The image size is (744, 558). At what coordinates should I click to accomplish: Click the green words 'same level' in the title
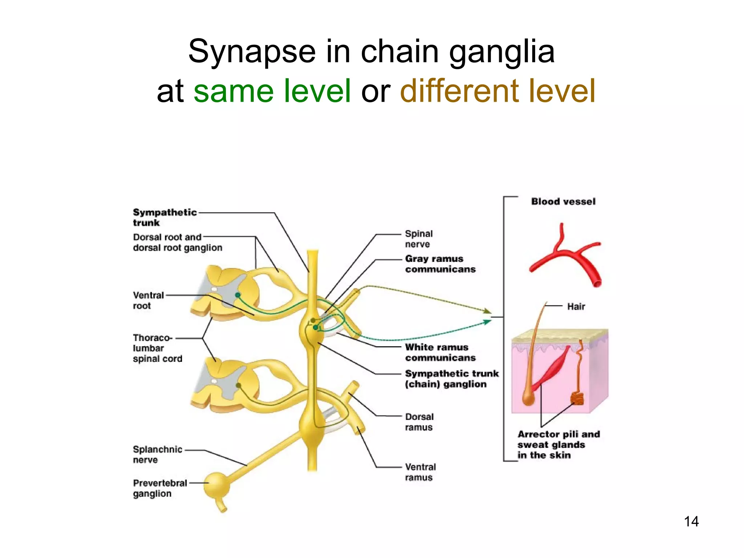(x=272, y=91)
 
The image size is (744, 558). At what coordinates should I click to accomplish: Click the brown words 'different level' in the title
(x=498, y=91)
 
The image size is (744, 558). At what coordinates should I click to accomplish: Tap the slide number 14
(x=691, y=521)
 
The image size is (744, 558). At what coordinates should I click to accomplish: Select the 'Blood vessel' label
(x=563, y=202)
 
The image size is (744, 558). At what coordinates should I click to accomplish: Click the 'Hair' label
(x=576, y=307)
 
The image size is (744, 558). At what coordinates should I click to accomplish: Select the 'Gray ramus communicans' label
(x=440, y=264)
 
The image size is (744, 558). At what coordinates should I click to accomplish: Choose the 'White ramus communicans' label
(x=440, y=352)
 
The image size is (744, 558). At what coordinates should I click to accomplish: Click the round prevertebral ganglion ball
(x=217, y=485)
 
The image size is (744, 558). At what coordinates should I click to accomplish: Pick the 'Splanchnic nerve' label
(x=157, y=454)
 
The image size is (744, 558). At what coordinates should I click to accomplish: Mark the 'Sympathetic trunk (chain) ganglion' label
(x=452, y=379)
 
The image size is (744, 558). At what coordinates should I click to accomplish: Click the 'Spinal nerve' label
(x=418, y=239)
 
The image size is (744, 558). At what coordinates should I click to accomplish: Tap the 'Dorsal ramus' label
(x=419, y=422)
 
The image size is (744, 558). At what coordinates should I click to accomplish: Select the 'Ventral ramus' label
(x=420, y=472)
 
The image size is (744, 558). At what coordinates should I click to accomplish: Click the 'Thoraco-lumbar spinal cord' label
(x=157, y=348)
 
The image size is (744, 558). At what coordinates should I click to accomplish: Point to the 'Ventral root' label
(x=148, y=300)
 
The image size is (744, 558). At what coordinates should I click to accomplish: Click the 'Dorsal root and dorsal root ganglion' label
(x=177, y=242)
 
